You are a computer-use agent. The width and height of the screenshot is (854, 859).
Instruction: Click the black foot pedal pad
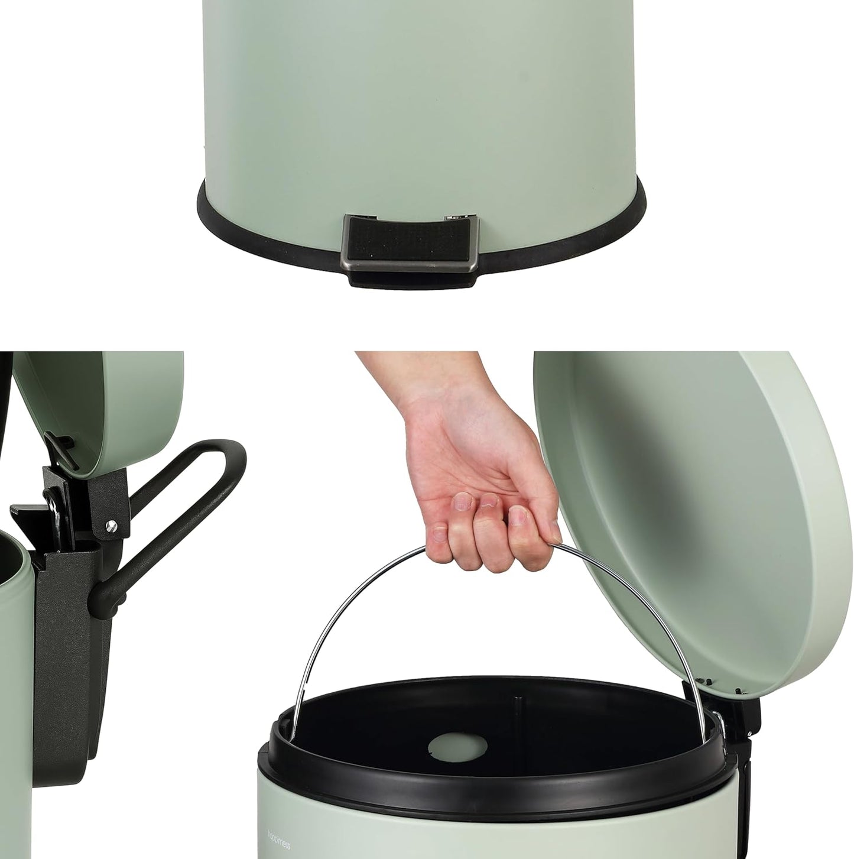[x=408, y=242]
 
